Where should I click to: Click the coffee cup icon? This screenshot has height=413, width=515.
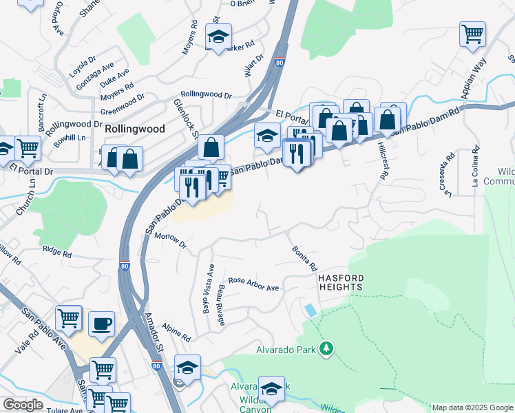101,323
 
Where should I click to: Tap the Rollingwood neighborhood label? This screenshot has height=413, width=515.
135,129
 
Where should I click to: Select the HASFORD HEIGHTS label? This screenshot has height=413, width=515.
340,282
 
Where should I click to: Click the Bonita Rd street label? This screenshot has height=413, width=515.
304,258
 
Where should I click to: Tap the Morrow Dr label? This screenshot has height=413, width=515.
171,240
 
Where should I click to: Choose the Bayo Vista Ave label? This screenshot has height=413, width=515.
207,288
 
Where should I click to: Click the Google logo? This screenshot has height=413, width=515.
23,405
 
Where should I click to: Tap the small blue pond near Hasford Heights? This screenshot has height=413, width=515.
311,310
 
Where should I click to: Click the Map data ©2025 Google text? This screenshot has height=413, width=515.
472,407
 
